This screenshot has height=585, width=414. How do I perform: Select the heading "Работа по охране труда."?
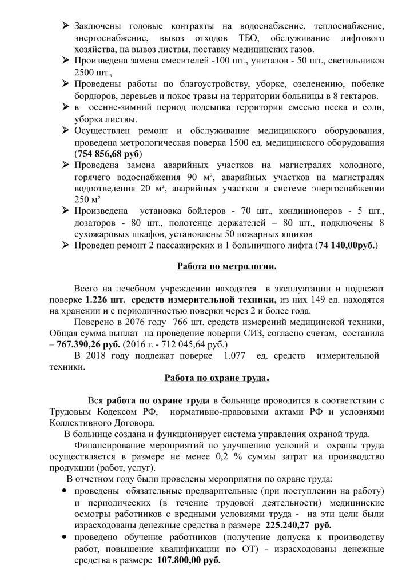217,378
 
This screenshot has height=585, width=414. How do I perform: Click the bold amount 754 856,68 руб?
108,154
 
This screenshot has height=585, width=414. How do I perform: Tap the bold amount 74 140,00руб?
343,246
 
